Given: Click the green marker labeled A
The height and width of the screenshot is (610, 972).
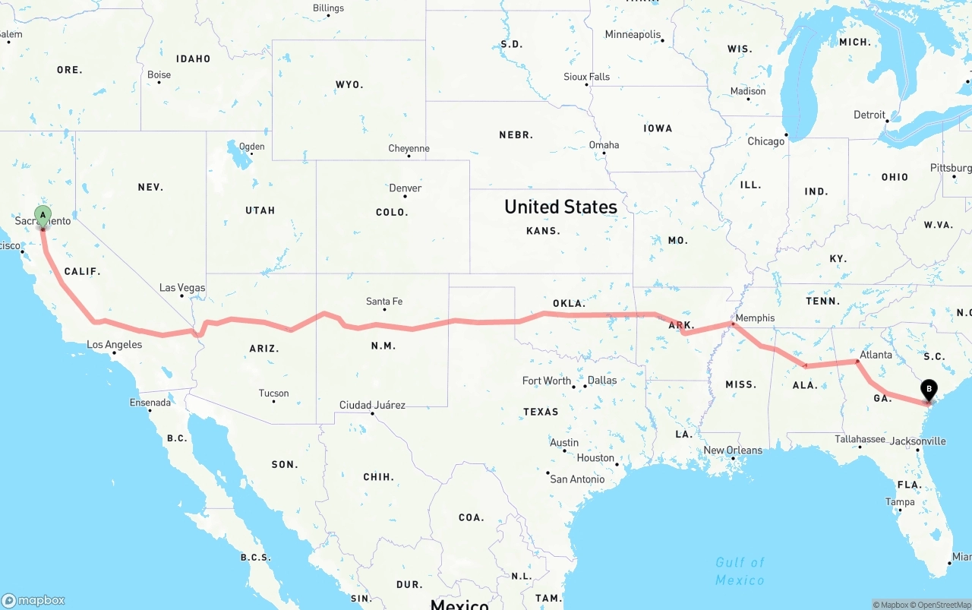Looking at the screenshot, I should coord(43,216).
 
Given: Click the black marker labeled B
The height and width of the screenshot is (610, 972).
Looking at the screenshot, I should coord(928,390).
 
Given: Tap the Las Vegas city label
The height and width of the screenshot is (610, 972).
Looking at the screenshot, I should coord(182,288).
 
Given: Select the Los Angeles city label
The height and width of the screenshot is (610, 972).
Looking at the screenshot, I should coord(115,345).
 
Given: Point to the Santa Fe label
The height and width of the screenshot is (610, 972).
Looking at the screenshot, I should coord(384,302).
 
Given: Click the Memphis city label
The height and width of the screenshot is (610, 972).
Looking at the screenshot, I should coord(755,318).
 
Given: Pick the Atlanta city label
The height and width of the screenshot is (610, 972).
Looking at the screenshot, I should coord(876,355).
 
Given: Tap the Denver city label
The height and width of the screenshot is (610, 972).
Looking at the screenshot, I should coord(405,188).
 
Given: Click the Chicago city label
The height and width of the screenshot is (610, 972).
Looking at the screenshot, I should coord(765,141).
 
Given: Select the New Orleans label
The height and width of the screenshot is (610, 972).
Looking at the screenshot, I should coord(733,450).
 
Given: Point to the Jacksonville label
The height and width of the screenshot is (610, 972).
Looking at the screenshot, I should coord(918,441).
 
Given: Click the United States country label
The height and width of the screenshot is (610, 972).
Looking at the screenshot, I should coord(560,207).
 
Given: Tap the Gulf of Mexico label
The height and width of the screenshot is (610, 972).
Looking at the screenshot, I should coord(740,571).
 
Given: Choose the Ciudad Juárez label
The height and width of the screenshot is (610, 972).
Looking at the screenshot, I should coord(372,405).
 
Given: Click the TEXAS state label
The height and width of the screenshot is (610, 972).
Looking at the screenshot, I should coord(541,412).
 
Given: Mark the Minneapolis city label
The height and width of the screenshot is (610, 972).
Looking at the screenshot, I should coord(633,35).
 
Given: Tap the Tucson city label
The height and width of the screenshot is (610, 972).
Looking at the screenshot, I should coord(273,393).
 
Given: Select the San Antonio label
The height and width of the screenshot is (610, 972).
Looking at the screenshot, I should coord(577,479).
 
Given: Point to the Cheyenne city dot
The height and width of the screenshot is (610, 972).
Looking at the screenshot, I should coord(409,156).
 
